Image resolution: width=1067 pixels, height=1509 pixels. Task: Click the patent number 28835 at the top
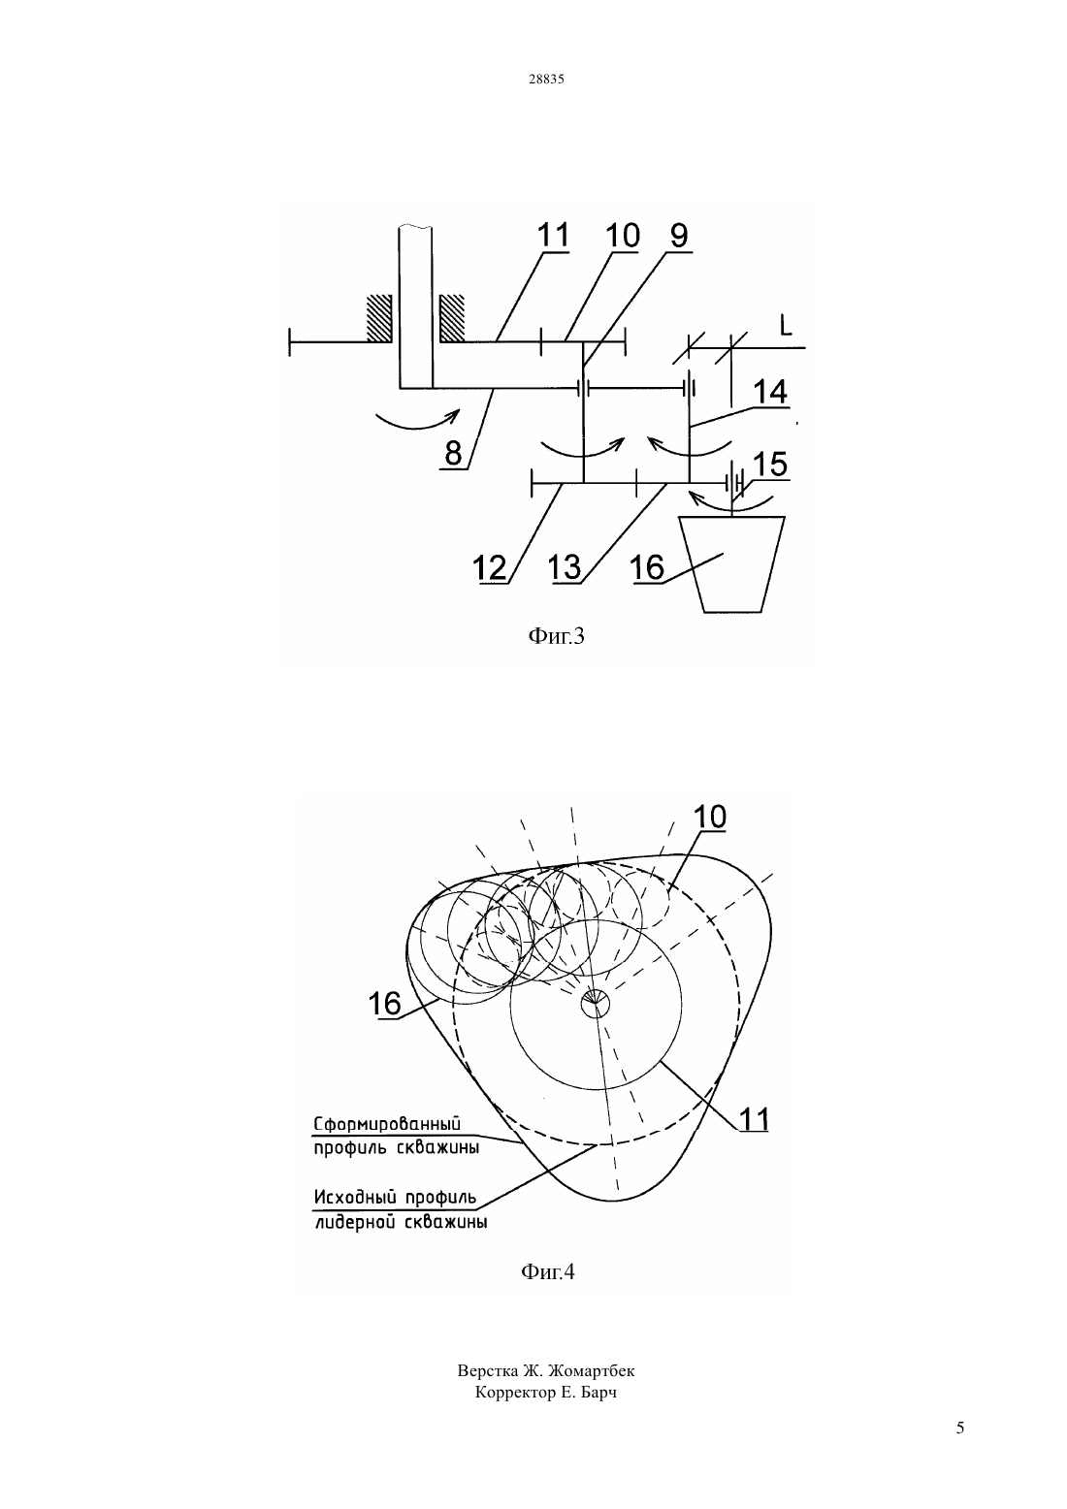pyautogui.click(x=546, y=79)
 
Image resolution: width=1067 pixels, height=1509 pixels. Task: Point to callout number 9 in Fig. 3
pyautogui.click(x=678, y=235)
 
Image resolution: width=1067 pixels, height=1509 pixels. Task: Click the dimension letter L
pyautogui.click(x=786, y=326)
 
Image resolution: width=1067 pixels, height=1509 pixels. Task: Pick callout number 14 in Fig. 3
pyautogui.click(x=769, y=392)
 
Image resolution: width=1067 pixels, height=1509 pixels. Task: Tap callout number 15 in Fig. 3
pyautogui.click(x=769, y=465)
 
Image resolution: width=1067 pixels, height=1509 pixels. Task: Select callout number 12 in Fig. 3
pyautogui.click(x=489, y=567)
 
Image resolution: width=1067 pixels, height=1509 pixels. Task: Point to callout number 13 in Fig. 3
pyautogui.click(x=565, y=567)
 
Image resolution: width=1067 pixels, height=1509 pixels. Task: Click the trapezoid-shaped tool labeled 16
pyautogui.click(x=732, y=564)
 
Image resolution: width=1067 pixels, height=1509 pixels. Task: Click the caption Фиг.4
pyautogui.click(x=548, y=1271)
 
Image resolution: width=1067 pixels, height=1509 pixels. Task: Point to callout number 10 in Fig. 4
pyautogui.click(x=709, y=817)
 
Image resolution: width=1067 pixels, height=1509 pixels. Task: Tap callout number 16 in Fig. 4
pyautogui.click(x=385, y=1003)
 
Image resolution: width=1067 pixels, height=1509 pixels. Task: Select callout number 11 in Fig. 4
pyautogui.click(x=754, y=1120)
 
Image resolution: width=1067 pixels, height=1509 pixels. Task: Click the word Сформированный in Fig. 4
pyautogui.click(x=387, y=1124)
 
